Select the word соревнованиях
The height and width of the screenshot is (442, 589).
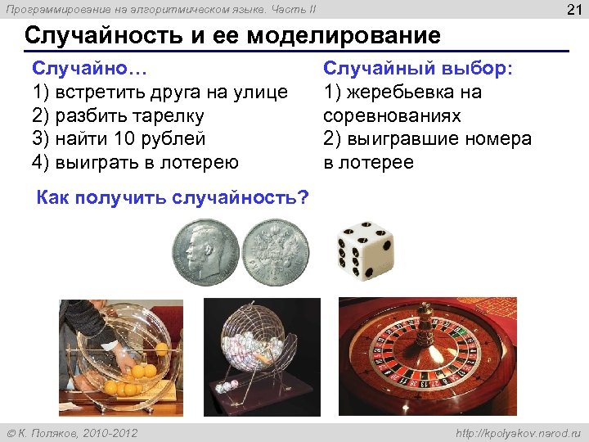click(x=393, y=115)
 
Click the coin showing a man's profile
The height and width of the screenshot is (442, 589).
click(x=205, y=253)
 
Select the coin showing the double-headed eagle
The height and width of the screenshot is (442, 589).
click(x=277, y=255)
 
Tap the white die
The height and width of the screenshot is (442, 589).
click(x=365, y=250)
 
